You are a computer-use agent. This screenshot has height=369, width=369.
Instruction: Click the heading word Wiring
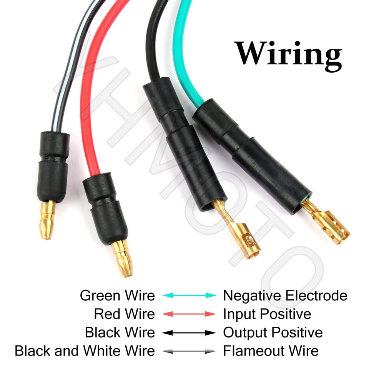[x=288, y=54]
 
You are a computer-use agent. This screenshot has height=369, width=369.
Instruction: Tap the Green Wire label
[x=117, y=296]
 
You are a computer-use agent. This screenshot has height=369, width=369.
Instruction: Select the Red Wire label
[x=124, y=314]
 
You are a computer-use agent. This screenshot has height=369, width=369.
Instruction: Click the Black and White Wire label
[x=85, y=351]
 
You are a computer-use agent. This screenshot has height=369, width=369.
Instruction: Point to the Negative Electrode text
[x=285, y=296]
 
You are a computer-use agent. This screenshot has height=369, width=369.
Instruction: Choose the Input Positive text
[x=267, y=314]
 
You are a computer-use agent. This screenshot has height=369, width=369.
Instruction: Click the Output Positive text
[x=273, y=332]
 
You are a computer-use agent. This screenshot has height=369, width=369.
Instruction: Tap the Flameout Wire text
[x=271, y=351]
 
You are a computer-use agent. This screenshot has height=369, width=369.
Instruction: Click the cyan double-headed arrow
[x=189, y=296]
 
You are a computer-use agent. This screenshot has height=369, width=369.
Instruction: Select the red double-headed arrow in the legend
[x=189, y=314]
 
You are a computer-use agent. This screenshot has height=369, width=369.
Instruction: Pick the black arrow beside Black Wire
[x=189, y=332]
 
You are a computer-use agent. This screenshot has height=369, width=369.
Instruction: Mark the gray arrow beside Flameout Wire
[x=189, y=351]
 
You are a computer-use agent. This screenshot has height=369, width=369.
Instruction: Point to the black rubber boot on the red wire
[x=105, y=208]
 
